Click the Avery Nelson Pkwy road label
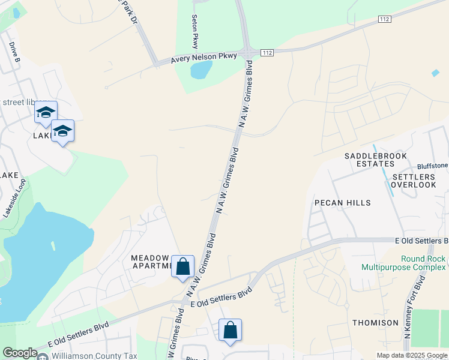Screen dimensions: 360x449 coord(204,58)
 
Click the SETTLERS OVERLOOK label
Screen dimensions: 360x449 coord(414,181)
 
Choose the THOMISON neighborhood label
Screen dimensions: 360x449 coord(375,323)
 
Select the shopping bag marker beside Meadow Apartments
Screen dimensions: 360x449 coord(182,266)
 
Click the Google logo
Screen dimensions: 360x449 coord(19,353)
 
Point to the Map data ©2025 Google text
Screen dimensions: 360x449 coord(411,355)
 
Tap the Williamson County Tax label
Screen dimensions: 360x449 coord(94,356)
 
